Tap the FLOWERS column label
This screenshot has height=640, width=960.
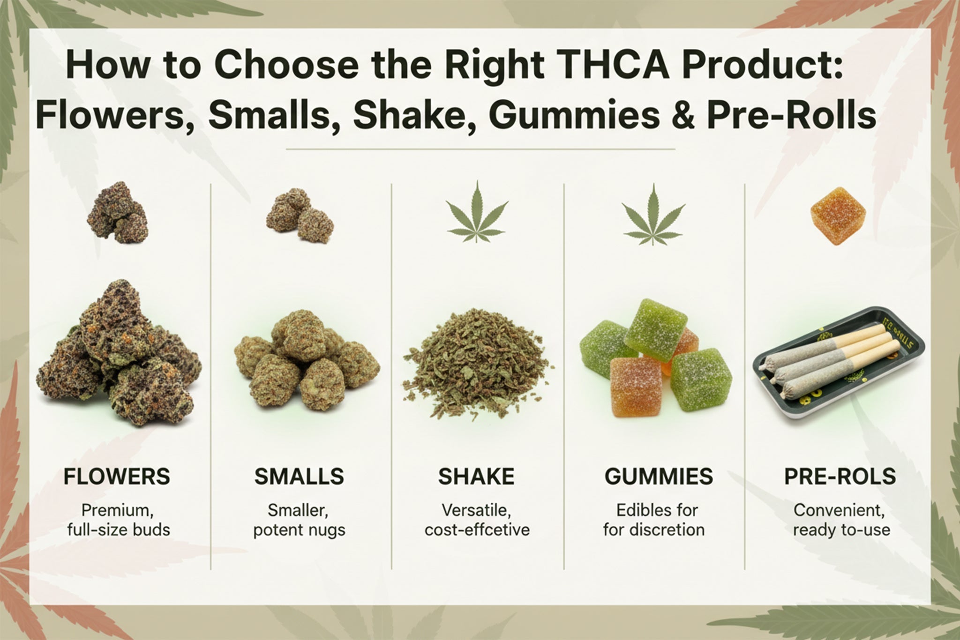(117, 476)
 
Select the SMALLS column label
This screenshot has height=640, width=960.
(299, 476)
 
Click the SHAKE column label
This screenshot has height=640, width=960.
(476, 476)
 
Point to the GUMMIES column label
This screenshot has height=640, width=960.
(659, 476)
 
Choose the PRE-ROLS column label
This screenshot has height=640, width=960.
(840, 476)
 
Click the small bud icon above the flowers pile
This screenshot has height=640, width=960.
(118, 213)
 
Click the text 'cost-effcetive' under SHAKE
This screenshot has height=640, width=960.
(477, 530)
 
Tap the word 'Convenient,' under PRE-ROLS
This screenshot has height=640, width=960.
(839, 510)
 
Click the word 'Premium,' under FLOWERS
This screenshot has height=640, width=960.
(117, 510)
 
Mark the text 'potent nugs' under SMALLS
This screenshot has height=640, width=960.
(299, 530)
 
